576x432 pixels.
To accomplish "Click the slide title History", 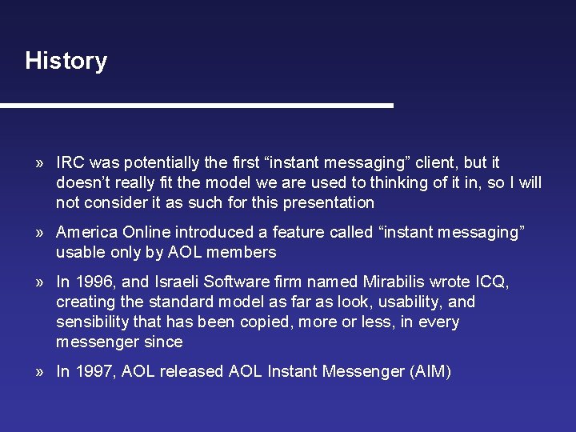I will pyautogui.click(x=66, y=61).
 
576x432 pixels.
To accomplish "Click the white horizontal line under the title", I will pyautogui.click(x=197, y=106).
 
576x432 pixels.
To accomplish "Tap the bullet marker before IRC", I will pyautogui.click(x=39, y=162).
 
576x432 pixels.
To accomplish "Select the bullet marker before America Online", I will pyautogui.click(x=39, y=233).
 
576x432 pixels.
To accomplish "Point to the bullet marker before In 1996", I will pyautogui.click(x=39, y=282).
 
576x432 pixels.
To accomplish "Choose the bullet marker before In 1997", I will pyautogui.click(x=39, y=372).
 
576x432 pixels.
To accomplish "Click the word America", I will pyautogui.click(x=87, y=233).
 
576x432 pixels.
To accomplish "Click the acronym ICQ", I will pyautogui.click(x=491, y=282).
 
